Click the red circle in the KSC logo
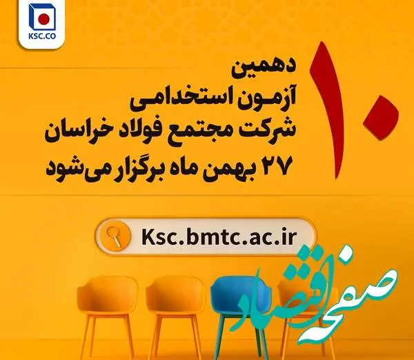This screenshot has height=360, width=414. click(44, 19)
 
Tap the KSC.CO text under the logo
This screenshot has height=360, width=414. click(42, 36)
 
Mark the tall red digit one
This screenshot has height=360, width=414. click(328, 110)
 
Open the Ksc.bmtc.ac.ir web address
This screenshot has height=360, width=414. click(218, 237)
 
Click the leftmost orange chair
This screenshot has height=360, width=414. click(108, 314)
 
